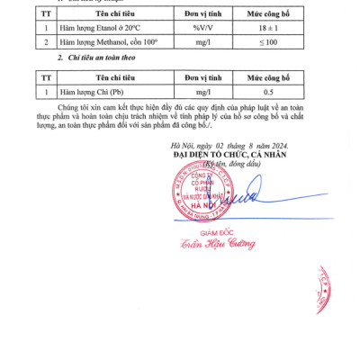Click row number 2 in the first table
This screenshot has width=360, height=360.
click(45, 43)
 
